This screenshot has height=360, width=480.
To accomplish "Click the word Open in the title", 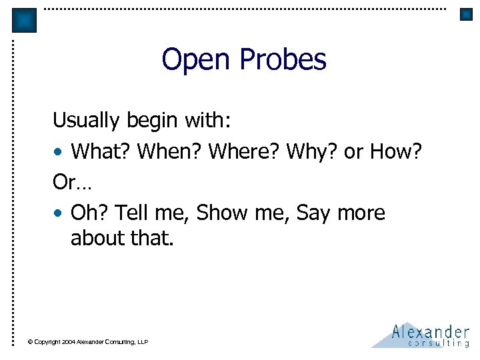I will (x=197, y=59).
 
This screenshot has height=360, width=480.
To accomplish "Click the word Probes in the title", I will (x=283, y=59).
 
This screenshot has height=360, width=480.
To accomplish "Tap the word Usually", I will (x=86, y=121).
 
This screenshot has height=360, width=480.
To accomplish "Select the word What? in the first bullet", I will (x=101, y=152).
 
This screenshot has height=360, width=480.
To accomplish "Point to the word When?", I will (x=169, y=152).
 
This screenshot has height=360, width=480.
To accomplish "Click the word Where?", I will (x=244, y=152).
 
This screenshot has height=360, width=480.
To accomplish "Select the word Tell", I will (x=130, y=213).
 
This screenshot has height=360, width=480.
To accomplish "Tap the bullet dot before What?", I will (x=59, y=153).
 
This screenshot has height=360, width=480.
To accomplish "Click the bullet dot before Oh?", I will (x=59, y=214).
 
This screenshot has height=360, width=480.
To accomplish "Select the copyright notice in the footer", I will (x=88, y=342).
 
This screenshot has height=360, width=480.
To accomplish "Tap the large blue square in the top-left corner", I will (x=25, y=20).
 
